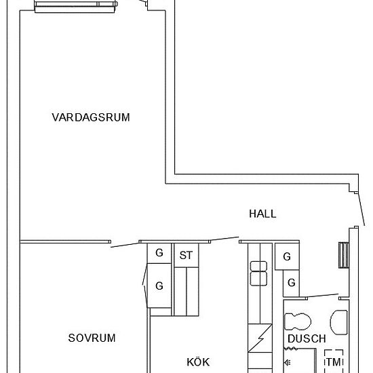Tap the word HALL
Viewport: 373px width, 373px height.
pos(262,214)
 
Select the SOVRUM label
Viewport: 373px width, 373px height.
pos(92,338)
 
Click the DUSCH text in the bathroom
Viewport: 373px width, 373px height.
pos(307,338)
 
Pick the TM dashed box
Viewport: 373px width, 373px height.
pos(333,362)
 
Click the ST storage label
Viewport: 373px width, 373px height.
pos(185,256)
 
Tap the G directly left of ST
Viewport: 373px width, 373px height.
pos(159,253)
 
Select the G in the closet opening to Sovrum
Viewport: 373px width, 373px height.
pos(159,286)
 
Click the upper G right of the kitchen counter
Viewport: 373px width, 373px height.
pos(287,256)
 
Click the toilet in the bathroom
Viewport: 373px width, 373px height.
pos(296,321)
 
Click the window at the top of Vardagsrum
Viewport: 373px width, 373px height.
pos(75,6)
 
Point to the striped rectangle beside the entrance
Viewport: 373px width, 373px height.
pos(342,255)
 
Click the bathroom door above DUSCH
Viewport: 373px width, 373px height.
pos(321,296)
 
